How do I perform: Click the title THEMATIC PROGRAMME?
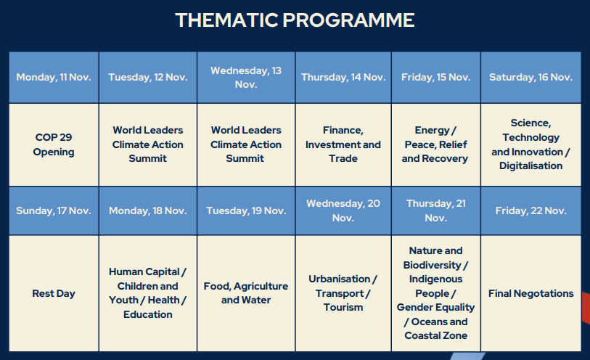coord(295,20)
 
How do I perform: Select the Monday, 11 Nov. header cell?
coord(54,77)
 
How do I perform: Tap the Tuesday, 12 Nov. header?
coord(148,77)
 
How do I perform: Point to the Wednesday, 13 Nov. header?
coord(246,77)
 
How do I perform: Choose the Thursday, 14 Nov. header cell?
coord(343,77)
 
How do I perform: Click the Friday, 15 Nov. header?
coord(436,77)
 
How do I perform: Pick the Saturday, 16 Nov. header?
coord(531,77)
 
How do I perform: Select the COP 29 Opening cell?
coord(54,145)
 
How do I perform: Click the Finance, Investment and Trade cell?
coord(343,145)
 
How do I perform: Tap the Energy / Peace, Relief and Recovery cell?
coord(436,145)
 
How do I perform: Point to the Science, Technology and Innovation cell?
coord(531,145)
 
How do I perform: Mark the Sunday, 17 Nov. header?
coord(54,210)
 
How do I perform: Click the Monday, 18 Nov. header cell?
coord(148,210)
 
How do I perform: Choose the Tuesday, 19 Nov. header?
coord(246,210)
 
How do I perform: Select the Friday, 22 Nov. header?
coord(531,210)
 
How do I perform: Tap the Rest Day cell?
coord(54,293)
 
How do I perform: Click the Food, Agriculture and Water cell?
coord(246,293)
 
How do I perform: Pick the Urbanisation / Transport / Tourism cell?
coord(343,293)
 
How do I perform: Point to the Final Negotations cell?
coord(531,293)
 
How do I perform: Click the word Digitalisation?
coord(531,166)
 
